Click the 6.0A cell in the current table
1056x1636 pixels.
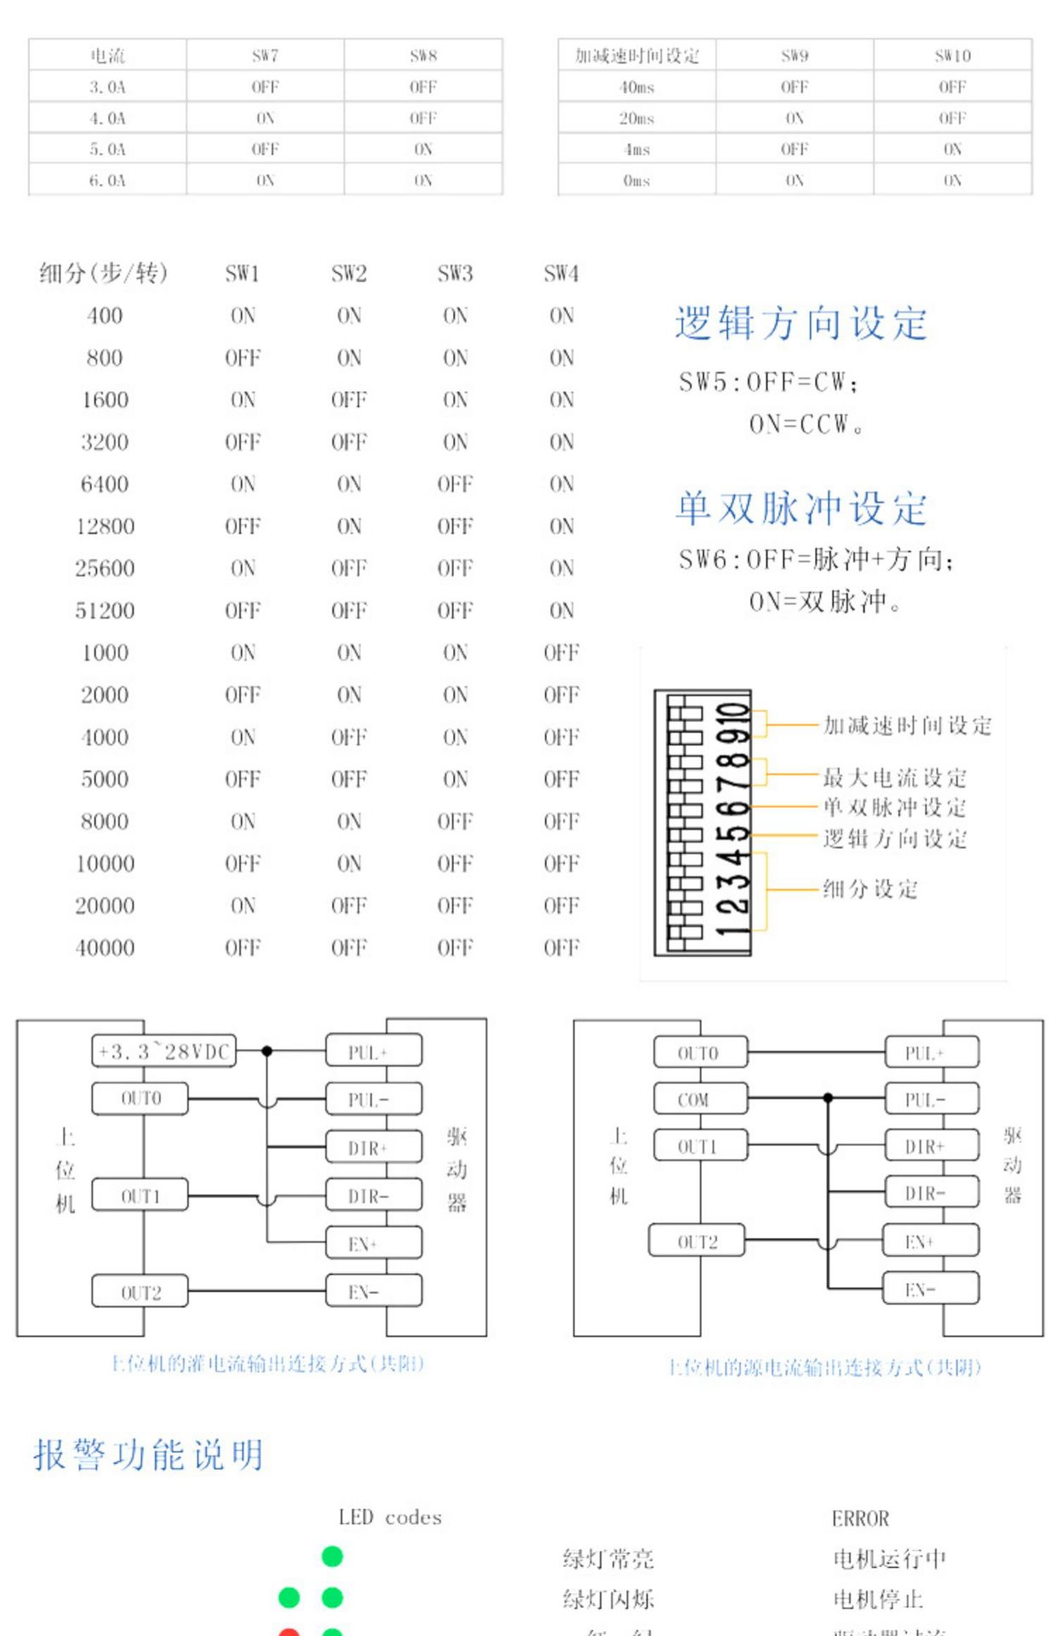pyautogui.click(x=107, y=181)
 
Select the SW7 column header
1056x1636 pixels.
pyautogui.click(x=265, y=56)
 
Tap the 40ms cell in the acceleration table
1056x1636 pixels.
pyautogui.click(x=637, y=87)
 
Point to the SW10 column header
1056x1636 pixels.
pyautogui.click(x=952, y=56)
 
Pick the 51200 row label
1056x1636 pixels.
pyautogui.click(x=105, y=611)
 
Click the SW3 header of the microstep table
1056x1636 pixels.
pyautogui.click(x=455, y=274)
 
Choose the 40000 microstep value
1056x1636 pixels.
pyautogui.click(x=105, y=948)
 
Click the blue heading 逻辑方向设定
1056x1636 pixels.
pyautogui.click(x=801, y=324)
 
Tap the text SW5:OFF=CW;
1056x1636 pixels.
pyautogui.click(x=768, y=383)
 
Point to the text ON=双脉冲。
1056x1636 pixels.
pyautogui.click(x=824, y=602)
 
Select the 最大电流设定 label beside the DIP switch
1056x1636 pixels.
pyautogui.click(x=894, y=777)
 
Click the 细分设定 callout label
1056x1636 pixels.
pyautogui.click(x=869, y=889)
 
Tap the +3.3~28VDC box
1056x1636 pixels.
pyautogui.click(x=164, y=1051)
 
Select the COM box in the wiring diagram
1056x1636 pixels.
pyautogui.click(x=700, y=1099)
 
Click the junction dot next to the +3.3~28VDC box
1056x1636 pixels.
pyautogui.click(x=267, y=1051)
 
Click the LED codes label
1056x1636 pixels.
pyautogui.click(x=390, y=1518)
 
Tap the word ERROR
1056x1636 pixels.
pyautogui.click(x=860, y=1518)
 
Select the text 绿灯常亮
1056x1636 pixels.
pyautogui.click(x=608, y=1559)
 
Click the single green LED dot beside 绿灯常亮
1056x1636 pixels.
pyautogui.click(x=332, y=1557)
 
